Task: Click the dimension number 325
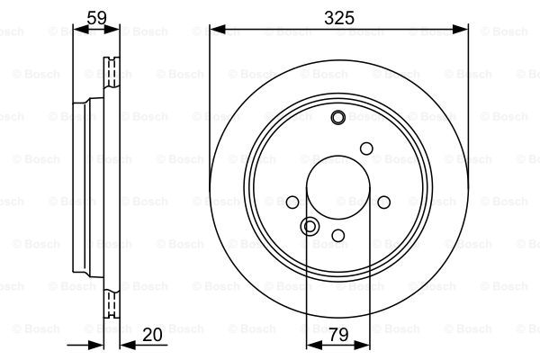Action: tap(338, 17)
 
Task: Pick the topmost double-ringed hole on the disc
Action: tap(338, 117)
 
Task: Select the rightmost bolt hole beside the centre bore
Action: tap(382, 203)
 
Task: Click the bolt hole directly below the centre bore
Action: tap(338, 236)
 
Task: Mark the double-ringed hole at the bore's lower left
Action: tap(310, 226)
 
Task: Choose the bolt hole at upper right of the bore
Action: tap(366, 148)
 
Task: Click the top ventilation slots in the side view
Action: tap(112, 69)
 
